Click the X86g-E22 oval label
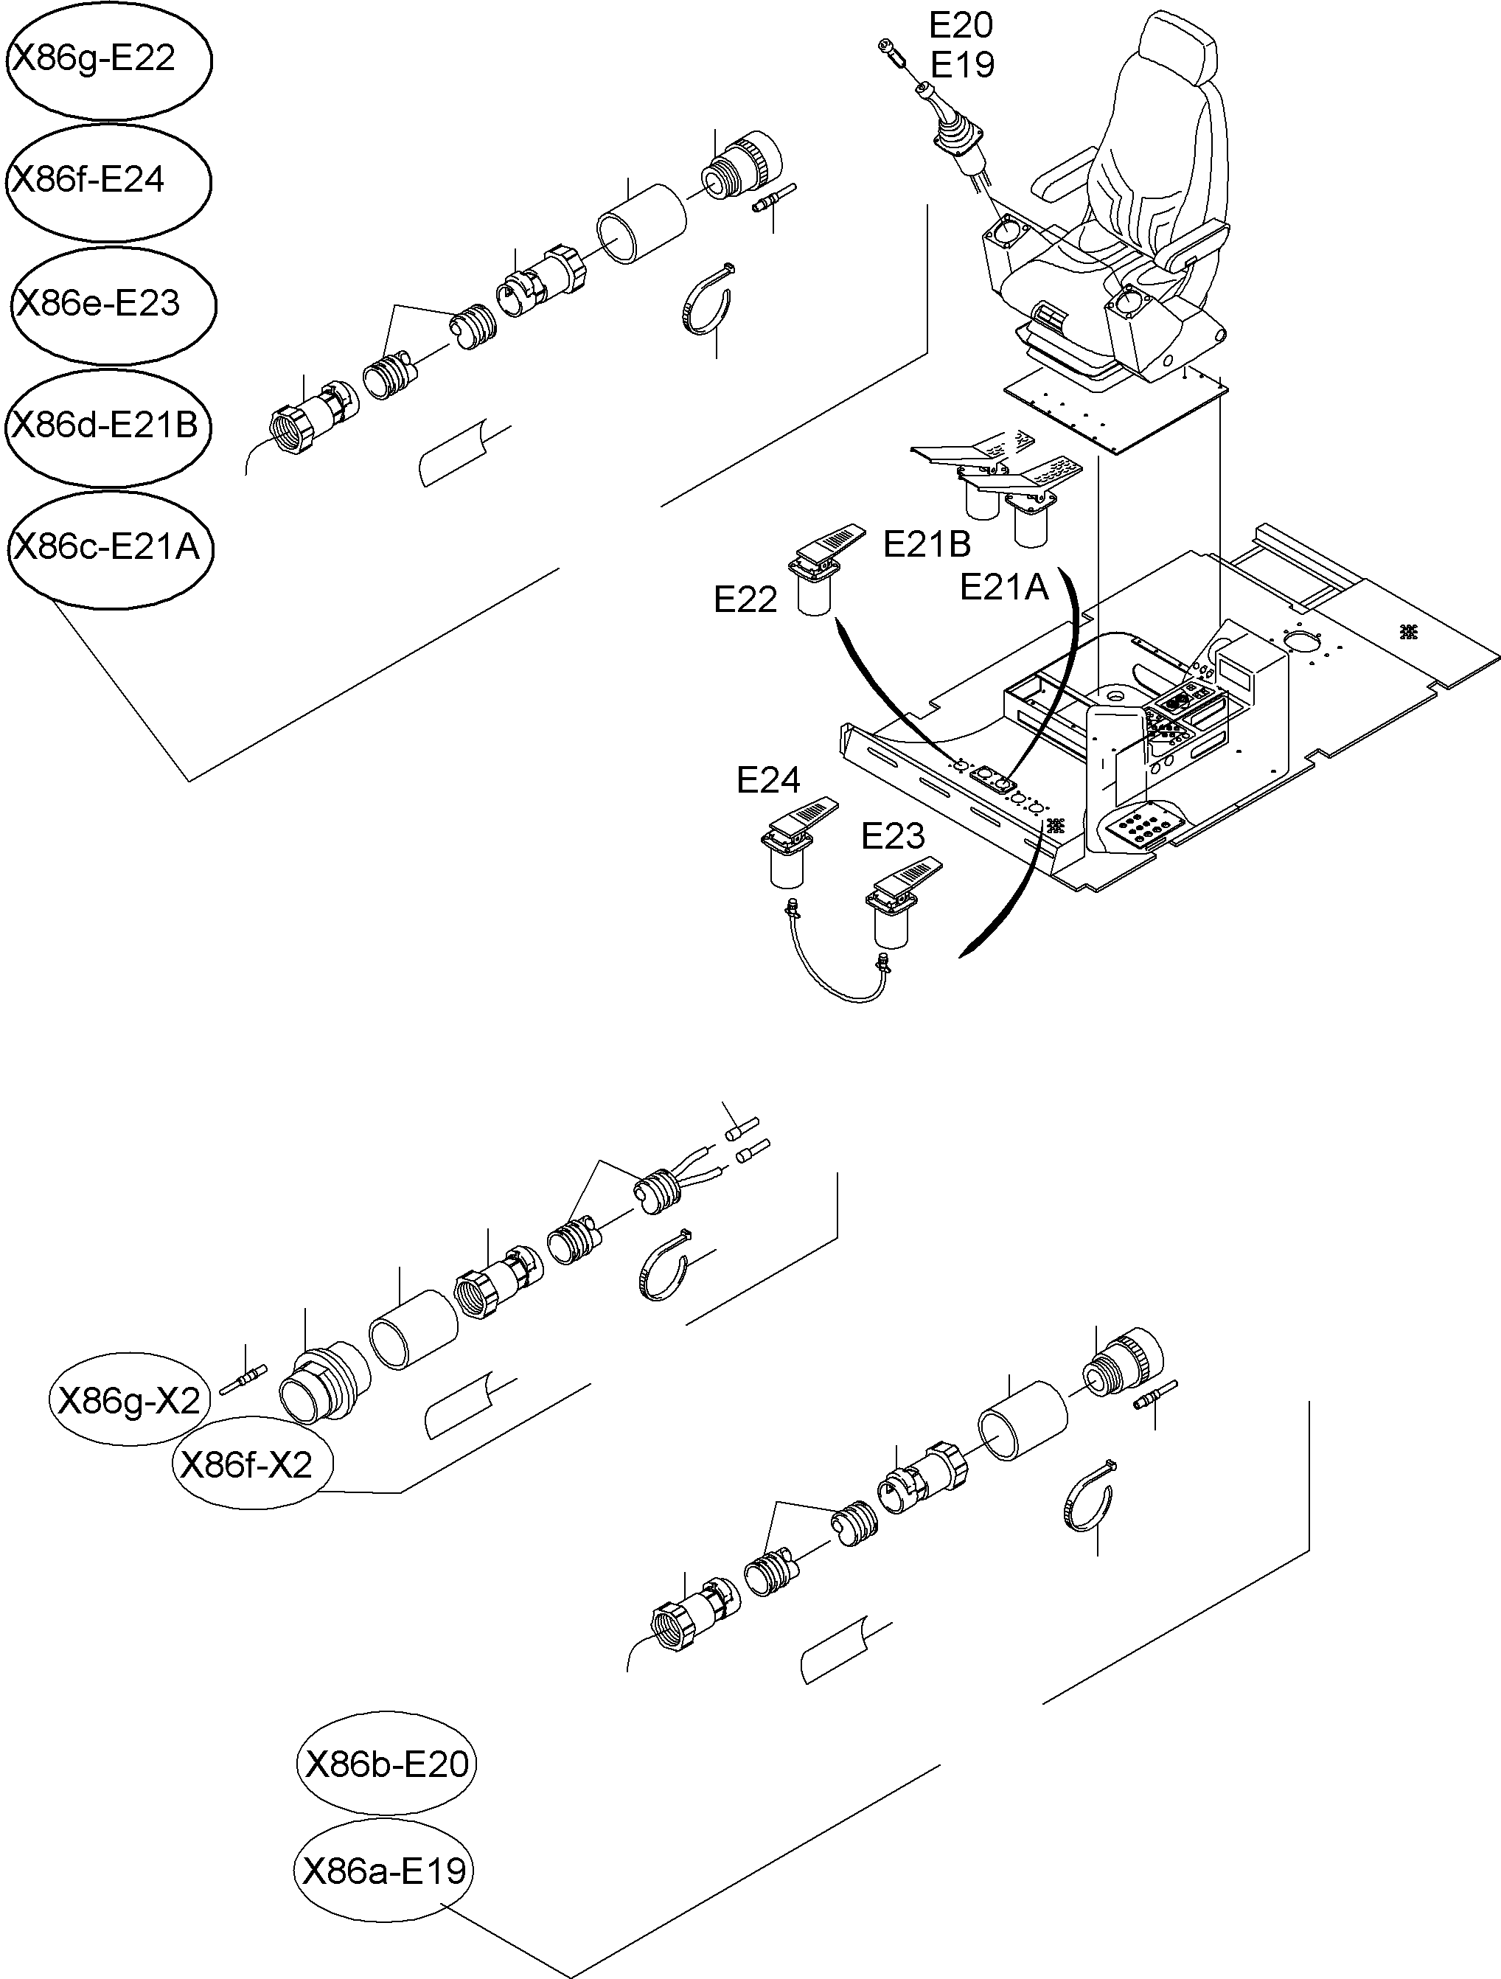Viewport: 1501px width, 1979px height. (108, 59)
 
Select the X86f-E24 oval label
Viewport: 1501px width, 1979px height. (108, 181)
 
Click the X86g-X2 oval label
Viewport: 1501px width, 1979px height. (129, 1400)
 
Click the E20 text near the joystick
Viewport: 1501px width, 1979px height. (961, 25)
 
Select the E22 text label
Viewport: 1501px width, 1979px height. (745, 599)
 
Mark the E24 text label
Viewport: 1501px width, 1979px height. (767, 780)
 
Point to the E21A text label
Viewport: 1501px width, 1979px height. (1003, 588)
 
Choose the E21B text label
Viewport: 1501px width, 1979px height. (927, 543)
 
